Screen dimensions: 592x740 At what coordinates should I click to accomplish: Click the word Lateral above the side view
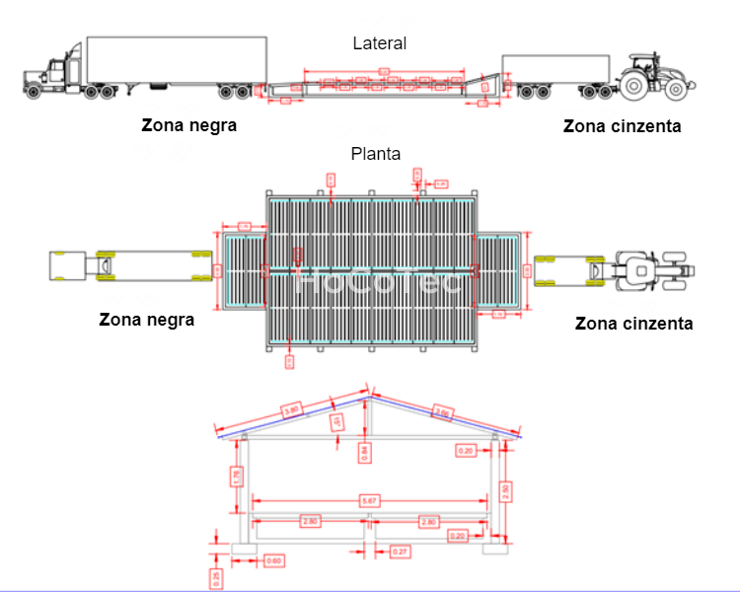click(x=380, y=42)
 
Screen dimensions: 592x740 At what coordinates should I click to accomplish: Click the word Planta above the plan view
click(x=376, y=154)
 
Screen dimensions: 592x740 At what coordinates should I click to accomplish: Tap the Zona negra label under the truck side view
click(x=189, y=126)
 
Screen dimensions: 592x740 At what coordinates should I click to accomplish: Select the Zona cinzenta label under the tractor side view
click(x=622, y=126)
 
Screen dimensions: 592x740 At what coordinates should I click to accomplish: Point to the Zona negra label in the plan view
click(x=147, y=319)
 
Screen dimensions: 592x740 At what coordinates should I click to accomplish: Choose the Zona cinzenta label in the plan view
click(x=633, y=323)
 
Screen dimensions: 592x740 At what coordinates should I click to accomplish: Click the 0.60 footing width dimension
click(x=274, y=561)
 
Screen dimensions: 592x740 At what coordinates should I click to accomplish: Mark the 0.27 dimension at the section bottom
click(x=401, y=550)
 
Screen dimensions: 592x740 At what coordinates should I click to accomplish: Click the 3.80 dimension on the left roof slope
click(x=292, y=407)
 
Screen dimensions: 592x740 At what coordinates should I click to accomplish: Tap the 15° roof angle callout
click(x=337, y=424)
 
